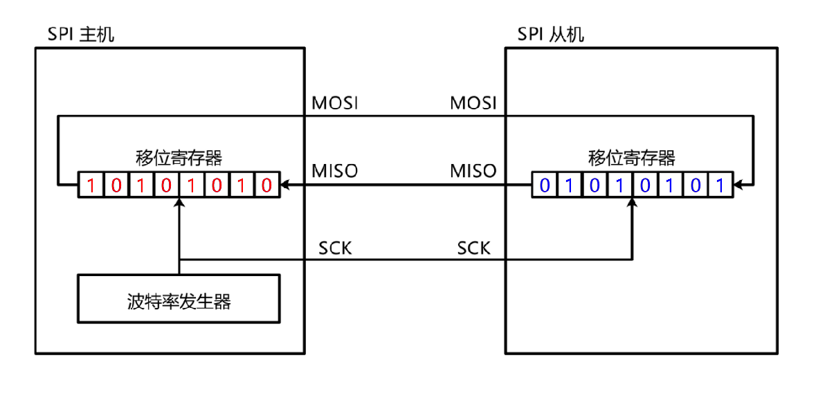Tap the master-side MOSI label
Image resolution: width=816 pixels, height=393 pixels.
click(335, 103)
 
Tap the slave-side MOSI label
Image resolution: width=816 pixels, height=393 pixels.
click(473, 103)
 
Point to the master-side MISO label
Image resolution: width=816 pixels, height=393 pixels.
click(335, 170)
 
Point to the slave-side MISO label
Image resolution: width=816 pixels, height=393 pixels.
click(473, 170)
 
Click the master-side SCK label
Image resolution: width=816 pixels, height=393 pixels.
click(335, 248)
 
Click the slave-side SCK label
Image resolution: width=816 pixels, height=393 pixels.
click(474, 248)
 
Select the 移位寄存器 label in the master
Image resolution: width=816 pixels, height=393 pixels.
click(179, 158)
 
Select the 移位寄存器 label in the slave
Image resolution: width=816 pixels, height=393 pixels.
click(632, 158)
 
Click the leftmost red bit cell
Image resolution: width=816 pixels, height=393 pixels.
click(91, 185)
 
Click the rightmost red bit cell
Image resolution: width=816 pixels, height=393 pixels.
click(267, 185)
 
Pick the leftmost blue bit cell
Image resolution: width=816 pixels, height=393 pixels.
click(545, 185)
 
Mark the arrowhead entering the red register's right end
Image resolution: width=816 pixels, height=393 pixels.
click(285, 185)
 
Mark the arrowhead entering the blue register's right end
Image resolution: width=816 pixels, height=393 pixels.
click(738, 185)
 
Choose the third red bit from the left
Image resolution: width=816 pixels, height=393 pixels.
click(141, 185)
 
